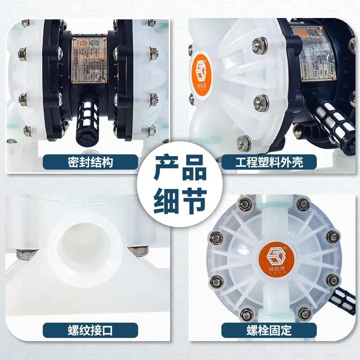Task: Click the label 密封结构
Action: tap(90, 162)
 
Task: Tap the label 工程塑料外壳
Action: tap(269, 162)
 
